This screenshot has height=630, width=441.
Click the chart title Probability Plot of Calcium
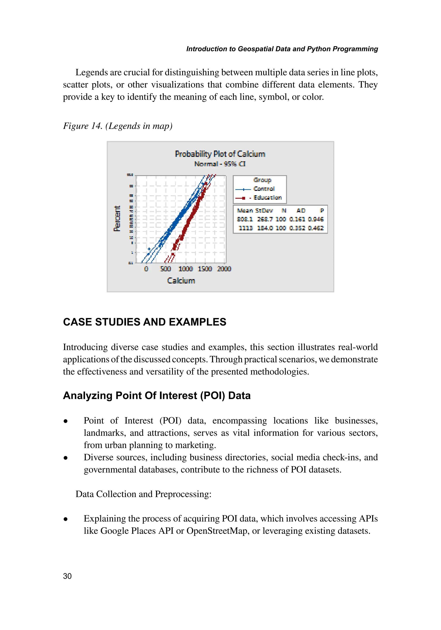(220, 154)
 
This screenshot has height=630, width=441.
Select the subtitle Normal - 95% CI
(220, 164)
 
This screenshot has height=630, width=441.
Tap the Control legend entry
(264, 189)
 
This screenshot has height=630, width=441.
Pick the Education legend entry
(267, 198)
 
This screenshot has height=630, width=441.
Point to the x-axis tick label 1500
(205, 269)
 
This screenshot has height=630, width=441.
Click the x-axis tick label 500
(165, 269)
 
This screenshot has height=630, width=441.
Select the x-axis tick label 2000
(224, 269)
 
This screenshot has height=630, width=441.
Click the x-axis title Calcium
(181, 281)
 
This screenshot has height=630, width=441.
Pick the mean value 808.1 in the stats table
(245, 219)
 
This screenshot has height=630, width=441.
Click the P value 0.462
(316, 228)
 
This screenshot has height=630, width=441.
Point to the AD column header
(301, 210)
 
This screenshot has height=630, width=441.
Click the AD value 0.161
(297, 219)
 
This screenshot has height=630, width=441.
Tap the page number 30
(67, 576)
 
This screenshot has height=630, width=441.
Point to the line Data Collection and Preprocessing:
(143, 494)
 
